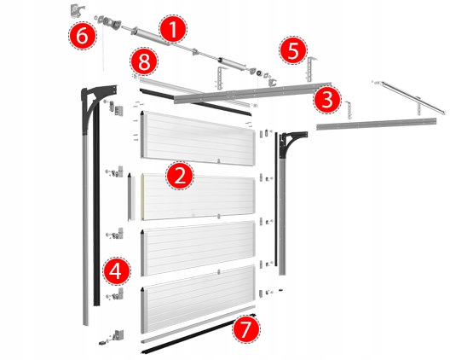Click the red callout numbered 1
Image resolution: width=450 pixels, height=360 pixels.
click(173, 29)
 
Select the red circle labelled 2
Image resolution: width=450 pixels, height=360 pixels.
click(180, 176)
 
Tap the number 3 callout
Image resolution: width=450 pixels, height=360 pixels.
click(327, 100)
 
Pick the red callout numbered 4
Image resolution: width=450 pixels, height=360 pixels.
click(117, 271)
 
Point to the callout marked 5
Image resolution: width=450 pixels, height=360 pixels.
click(293, 50)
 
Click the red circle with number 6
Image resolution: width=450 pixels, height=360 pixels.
click(83, 36)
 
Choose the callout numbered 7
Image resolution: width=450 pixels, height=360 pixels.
click(246, 329)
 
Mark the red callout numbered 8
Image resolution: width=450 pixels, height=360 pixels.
click(144, 61)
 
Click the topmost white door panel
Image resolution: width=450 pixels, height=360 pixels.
click(198, 138)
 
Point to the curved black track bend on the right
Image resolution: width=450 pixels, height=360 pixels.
click(291, 143)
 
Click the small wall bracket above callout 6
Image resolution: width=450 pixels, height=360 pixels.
click(77, 10)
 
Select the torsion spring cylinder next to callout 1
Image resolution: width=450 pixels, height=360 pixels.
click(150, 37)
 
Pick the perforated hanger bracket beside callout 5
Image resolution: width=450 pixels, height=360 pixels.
click(311, 69)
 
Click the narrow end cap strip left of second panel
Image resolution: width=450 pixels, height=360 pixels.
click(131, 197)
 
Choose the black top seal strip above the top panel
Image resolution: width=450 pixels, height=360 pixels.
click(196, 102)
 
